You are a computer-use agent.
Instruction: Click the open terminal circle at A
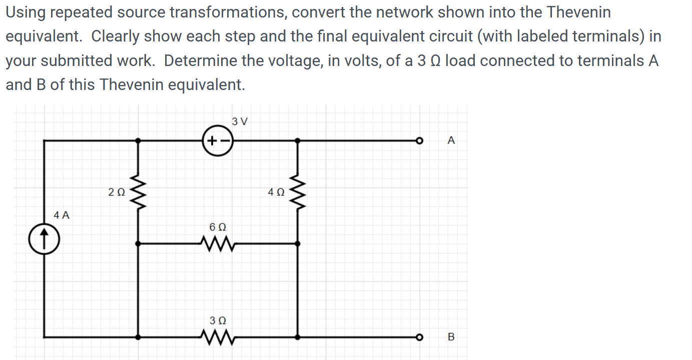422,141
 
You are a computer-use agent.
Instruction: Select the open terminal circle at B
422,337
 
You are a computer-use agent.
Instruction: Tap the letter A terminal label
451,141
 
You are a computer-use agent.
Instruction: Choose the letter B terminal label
451,337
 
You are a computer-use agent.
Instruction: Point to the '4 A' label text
62,215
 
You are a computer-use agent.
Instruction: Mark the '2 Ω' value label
116,191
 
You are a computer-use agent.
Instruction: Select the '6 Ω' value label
218,226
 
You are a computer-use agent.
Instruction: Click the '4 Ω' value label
276,191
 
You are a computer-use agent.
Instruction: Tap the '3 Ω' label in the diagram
218,319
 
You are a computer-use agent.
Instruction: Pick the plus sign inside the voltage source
212,141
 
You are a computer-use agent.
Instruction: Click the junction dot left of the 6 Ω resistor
139,243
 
